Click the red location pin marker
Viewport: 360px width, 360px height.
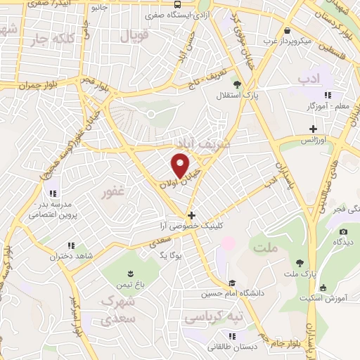[x=181, y=165]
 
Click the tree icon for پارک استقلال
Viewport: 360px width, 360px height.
[x=237, y=85]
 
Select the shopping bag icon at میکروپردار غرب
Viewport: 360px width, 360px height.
[x=288, y=30]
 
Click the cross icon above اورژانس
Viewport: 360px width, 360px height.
[x=313, y=129]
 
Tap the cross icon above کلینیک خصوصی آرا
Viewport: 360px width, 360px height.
[x=191, y=215]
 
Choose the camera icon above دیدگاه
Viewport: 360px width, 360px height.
[x=343, y=232]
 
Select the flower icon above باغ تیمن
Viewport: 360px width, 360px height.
[x=129, y=273]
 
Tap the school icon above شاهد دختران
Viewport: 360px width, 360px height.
[x=70, y=245]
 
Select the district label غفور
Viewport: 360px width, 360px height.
[x=112, y=192]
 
